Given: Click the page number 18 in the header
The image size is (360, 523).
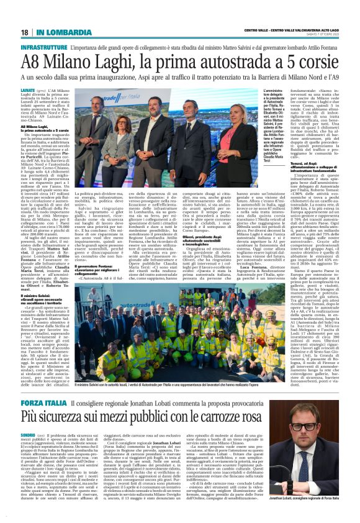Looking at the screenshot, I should point(25,32).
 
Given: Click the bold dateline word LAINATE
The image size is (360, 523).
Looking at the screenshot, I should point(29,90).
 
